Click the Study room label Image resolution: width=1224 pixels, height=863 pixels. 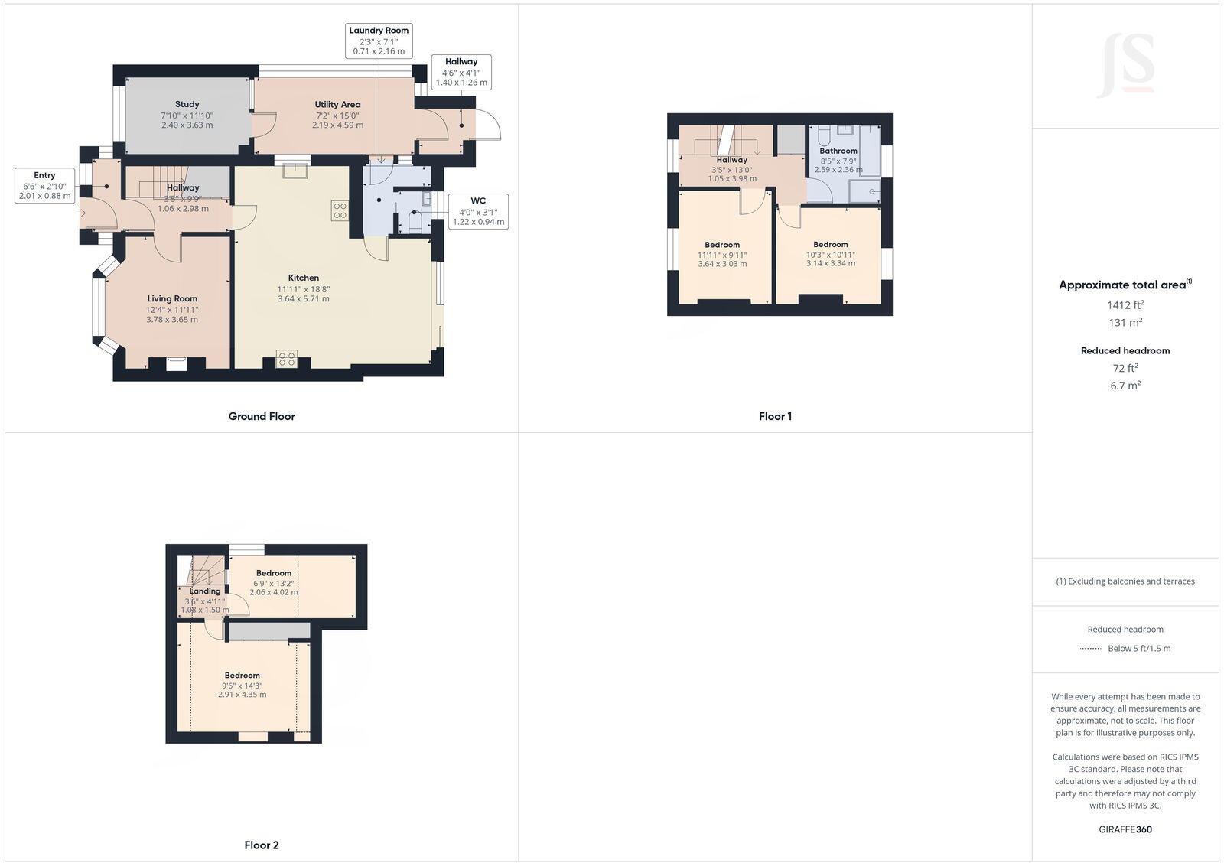187,104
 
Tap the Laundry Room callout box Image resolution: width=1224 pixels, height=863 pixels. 379,41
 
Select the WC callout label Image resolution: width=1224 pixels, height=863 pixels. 478,211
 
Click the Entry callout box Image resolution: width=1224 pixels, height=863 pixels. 44,186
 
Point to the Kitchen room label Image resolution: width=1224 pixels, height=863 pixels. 304,278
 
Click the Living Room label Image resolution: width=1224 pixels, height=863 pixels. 172,299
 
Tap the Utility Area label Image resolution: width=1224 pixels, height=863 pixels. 337,105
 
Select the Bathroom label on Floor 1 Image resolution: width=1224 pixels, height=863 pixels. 838,151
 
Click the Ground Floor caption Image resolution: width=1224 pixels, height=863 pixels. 262,416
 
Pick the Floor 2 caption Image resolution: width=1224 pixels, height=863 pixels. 262,845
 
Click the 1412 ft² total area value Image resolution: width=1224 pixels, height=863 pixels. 1125,304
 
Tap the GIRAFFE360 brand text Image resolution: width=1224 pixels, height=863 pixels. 1125,829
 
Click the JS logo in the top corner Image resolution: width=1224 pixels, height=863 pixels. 1126,66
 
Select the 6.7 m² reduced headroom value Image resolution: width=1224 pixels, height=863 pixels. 1125,386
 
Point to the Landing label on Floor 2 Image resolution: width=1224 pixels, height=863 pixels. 205,591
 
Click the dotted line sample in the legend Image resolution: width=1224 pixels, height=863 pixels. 1090,649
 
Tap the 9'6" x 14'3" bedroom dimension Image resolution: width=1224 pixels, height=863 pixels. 242,686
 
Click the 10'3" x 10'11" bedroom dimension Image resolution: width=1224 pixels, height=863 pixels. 831,255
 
